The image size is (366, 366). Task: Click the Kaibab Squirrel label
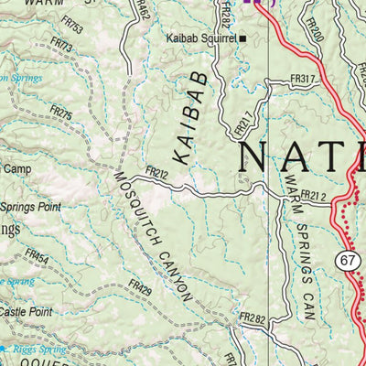coord(200,38)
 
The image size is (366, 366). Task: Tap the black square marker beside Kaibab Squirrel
coord(242,38)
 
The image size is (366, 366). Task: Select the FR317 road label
coord(303,81)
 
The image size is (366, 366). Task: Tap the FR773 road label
coord(62,45)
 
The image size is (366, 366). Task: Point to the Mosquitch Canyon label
coord(153,235)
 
